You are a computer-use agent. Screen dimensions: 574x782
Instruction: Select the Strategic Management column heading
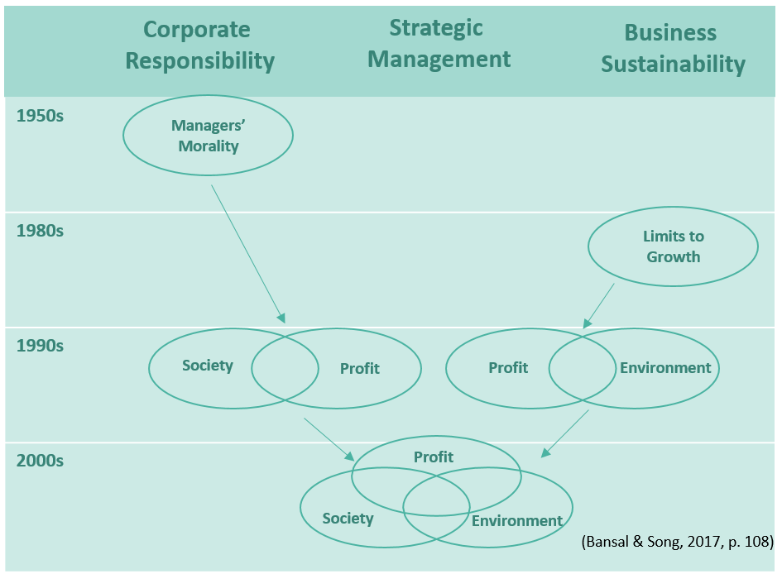point(439,43)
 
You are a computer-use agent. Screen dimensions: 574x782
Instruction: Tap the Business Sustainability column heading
point(672,48)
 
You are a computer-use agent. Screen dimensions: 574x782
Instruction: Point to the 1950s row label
point(40,115)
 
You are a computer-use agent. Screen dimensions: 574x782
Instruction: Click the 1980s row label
point(40,230)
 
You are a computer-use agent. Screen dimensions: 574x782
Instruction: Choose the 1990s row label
point(40,345)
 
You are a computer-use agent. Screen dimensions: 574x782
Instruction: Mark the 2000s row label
point(40,460)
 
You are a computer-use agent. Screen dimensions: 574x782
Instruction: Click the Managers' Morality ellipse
point(208,135)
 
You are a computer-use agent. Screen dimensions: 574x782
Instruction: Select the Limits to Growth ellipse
point(673,246)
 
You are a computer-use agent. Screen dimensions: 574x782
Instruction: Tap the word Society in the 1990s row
point(208,365)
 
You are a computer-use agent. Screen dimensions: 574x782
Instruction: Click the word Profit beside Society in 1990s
point(360,368)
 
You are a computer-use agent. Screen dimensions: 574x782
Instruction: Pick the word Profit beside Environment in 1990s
point(508,368)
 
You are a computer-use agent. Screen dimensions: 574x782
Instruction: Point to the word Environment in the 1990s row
point(665,368)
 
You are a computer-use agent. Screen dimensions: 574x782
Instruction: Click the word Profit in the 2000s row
point(434,457)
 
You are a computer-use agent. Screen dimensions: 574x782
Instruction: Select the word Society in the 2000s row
point(348,519)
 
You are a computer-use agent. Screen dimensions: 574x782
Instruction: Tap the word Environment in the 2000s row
point(517,520)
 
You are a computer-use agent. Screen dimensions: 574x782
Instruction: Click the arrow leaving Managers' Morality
point(247,253)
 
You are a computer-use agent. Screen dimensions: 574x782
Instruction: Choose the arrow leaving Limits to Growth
point(599,304)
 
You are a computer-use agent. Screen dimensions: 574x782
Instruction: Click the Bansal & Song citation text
point(678,543)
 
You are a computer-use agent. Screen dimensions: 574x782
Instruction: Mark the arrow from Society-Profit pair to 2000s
point(329,439)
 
